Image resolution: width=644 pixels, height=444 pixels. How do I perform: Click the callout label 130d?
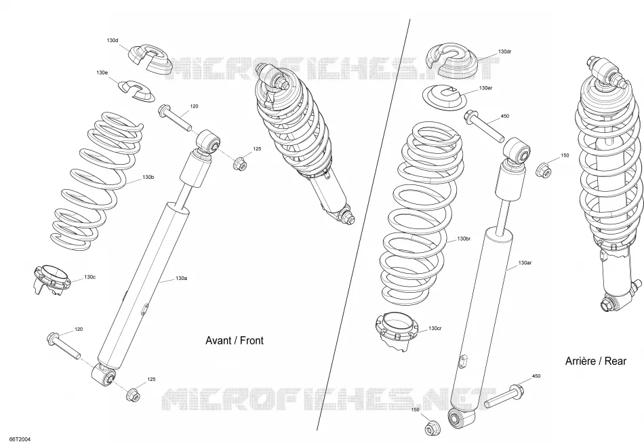[x=112, y=40]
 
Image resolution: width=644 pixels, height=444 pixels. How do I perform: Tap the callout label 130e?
[x=102, y=73]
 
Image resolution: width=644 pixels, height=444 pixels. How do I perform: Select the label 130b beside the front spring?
[x=148, y=177]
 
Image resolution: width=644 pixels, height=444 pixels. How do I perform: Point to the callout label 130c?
[x=90, y=277]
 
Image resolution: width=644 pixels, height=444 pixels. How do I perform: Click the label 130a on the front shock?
[x=182, y=278]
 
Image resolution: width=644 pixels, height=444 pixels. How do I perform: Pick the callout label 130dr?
[x=505, y=52]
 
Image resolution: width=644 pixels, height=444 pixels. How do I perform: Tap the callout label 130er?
[x=486, y=88]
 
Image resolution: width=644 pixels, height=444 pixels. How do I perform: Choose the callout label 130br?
[x=464, y=239]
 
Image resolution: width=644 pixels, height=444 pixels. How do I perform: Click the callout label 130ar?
[x=525, y=262]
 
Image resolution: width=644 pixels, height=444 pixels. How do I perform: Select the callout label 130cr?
[x=435, y=328]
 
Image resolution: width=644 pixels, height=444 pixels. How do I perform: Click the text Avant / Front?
[x=235, y=340]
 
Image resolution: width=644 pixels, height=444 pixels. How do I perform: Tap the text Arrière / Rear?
[x=596, y=361]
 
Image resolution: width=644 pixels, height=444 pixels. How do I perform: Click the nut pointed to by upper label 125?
[x=239, y=164]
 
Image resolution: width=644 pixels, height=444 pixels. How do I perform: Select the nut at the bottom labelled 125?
[x=133, y=395]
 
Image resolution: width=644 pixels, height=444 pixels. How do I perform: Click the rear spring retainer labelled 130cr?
[x=397, y=330]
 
